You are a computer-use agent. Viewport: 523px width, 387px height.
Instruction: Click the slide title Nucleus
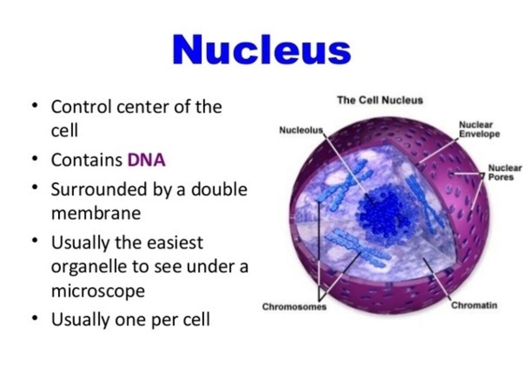coord(262,50)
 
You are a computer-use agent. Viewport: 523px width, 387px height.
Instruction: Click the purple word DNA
coord(146,160)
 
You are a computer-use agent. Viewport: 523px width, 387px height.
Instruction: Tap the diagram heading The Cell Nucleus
coord(380,101)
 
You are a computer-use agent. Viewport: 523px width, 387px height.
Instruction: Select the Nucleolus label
coord(301,130)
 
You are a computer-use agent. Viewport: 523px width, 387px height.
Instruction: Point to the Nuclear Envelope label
coord(479,129)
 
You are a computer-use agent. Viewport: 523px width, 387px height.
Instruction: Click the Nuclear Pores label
coord(505,172)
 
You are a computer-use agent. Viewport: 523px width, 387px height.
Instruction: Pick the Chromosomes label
coord(294,306)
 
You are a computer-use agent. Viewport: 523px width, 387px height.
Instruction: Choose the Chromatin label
coord(474,305)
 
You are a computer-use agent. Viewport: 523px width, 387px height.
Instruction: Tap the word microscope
coord(98,291)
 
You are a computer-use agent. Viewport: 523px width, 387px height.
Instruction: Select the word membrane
coord(96,213)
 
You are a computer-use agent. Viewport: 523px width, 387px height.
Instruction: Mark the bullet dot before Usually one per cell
coord(35,317)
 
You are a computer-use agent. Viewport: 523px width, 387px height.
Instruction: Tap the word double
coord(219,189)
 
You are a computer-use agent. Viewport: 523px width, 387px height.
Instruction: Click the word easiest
coord(175,242)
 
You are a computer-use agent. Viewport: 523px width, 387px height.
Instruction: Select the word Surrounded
coord(99,189)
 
